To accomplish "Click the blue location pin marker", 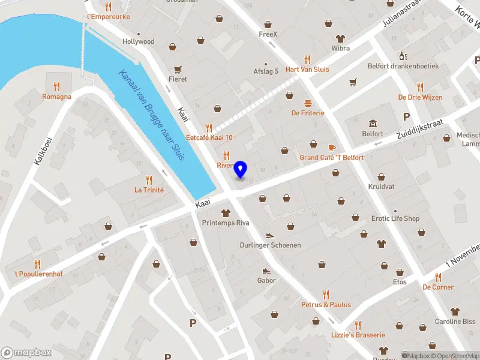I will (241, 169).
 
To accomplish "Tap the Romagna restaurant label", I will (56, 97).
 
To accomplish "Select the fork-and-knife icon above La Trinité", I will (149, 179).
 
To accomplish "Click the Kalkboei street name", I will (44, 146).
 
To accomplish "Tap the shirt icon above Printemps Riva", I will (226, 213).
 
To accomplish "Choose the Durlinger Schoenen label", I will (270, 245).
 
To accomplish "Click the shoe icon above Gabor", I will (266, 270).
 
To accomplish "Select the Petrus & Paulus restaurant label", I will (326, 305).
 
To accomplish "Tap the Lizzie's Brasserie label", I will (358, 335).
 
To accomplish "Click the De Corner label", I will (438, 287).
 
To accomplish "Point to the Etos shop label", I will (399, 282).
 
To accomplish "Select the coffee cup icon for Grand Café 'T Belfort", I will (331, 147).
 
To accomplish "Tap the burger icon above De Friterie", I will (308, 103).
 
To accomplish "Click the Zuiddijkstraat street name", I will (420, 130).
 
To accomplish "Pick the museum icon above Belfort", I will (372, 124).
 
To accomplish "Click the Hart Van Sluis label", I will (307, 69).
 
